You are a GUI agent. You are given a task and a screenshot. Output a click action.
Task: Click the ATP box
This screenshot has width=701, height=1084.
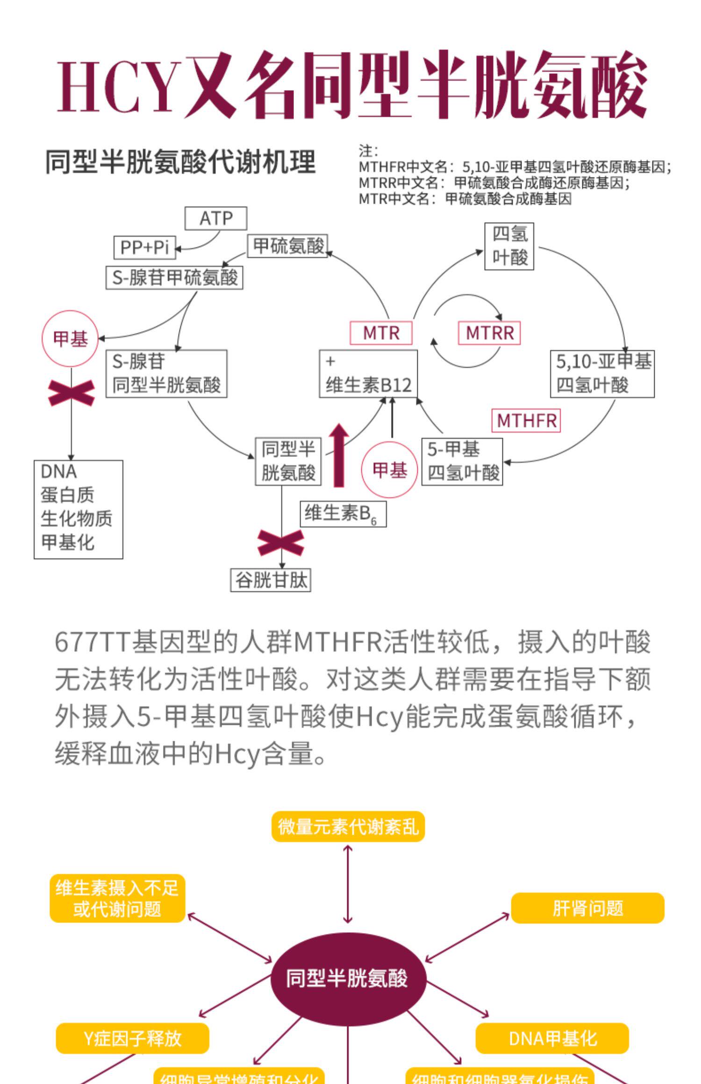point(215,218)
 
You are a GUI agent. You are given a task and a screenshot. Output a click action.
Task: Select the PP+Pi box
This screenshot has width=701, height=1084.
point(144,247)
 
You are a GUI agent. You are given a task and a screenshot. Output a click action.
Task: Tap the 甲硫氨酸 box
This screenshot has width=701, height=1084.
point(287,246)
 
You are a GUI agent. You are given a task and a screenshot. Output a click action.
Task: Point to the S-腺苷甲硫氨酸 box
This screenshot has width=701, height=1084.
point(174,278)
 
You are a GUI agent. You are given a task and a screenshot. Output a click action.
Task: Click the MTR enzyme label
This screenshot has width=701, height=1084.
point(381,333)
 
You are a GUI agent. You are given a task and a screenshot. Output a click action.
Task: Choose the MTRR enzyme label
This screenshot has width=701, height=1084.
point(489,333)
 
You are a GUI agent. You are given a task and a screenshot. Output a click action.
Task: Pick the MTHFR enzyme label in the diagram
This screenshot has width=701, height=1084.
point(526,421)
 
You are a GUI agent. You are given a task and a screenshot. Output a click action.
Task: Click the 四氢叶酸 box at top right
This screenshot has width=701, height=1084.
point(509,246)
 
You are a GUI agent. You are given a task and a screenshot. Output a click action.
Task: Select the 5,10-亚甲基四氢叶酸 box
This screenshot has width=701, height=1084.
point(602,373)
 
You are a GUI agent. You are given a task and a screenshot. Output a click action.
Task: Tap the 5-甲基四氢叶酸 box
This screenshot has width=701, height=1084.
point(462,461)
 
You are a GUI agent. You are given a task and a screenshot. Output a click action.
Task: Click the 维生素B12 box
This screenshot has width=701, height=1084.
point(368,374)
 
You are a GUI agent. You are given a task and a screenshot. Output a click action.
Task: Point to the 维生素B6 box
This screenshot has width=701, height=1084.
point(343,514)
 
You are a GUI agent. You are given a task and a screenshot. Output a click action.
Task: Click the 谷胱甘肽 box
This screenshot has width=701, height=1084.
point(271,580)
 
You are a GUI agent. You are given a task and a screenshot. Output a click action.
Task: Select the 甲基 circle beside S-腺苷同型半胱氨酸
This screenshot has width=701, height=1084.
point(71,338)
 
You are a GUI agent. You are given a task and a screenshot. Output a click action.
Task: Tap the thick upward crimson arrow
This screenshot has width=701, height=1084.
point(338,455)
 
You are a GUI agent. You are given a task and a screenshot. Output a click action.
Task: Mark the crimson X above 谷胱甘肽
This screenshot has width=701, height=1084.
point(281,542)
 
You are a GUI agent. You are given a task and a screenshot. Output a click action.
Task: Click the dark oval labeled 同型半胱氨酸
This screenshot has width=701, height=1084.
point(348,978)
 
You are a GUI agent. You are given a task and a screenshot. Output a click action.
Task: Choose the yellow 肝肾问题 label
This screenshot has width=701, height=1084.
point(587,908)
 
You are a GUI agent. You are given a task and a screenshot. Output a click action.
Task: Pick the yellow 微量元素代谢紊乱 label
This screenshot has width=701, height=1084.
point(348,827)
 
